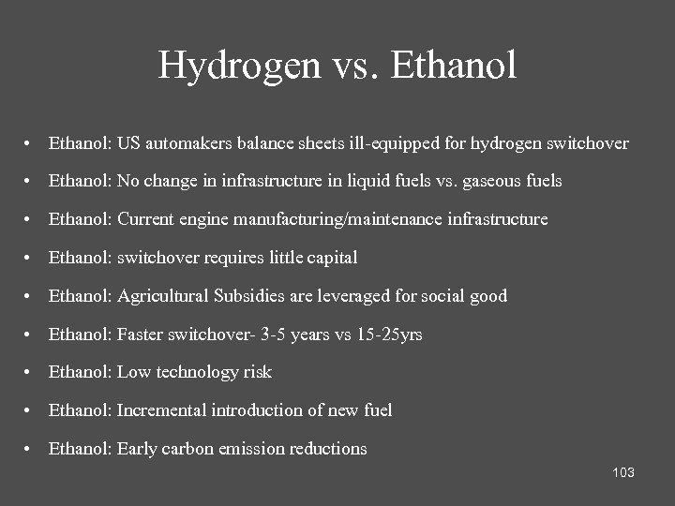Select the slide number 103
[623, 472]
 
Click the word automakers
[190, 143]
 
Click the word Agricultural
[163, 296]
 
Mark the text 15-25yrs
[389, 335]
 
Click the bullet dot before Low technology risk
[31, 373]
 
